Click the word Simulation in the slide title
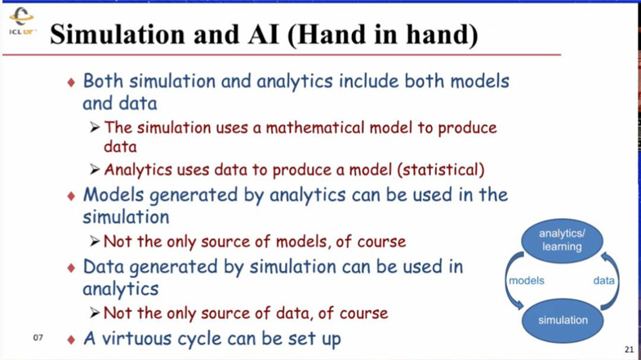tap(118, 34)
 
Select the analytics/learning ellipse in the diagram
tap(562, 240)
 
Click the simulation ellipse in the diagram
tap(563, 320)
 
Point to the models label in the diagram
tap(526, 281)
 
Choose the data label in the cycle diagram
tap(603, 281)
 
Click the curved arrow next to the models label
tap(507, 281)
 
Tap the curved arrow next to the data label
tap(617, 281)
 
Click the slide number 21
tap(629, 349)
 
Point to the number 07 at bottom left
tap(38, 337)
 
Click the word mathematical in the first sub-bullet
tap(314, 128)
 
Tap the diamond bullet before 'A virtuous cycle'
tap(72, 339)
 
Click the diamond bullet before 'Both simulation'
tap(72, 82)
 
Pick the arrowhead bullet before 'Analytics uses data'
tap(95, 169)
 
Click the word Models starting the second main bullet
tap(114, 194)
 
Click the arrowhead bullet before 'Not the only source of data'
tap(95, 313)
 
